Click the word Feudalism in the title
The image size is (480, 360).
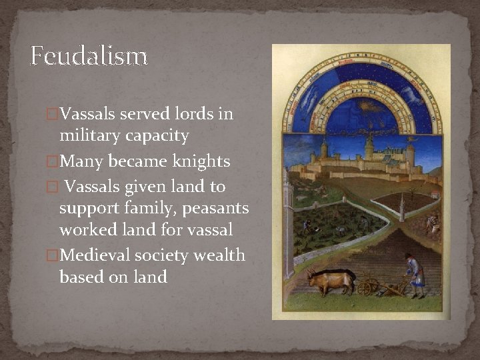pos(89,56)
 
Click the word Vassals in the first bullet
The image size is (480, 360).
pos(89,114)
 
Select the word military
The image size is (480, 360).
pos(90,137)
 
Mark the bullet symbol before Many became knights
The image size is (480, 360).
pos(54,162)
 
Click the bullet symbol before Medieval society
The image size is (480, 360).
pos(54,256)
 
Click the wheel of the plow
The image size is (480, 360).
pos(365,289)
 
